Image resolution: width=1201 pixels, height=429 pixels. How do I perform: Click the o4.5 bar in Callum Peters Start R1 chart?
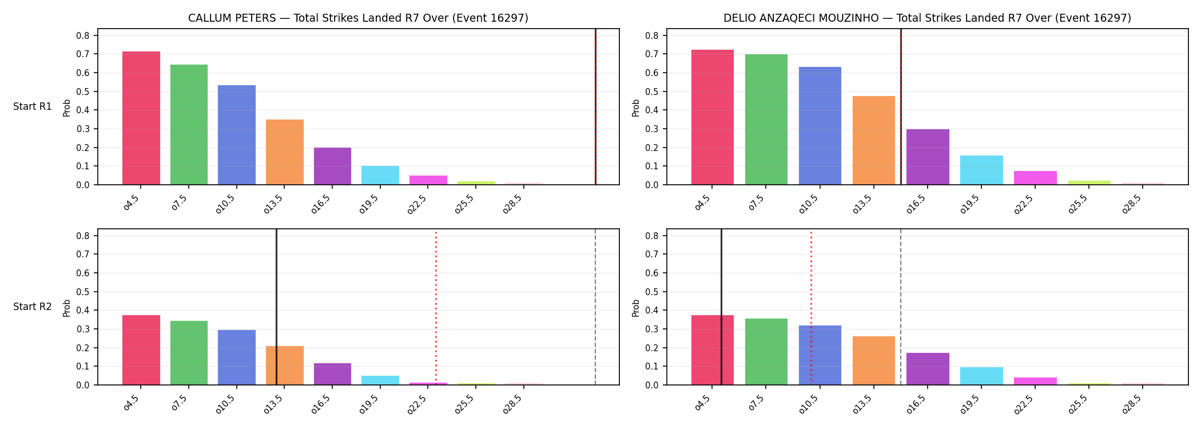click(141, 118)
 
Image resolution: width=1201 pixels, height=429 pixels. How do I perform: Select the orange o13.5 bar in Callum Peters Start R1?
click(285, 152)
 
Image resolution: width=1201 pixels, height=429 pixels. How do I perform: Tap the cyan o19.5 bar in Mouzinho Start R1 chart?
click(981, 170)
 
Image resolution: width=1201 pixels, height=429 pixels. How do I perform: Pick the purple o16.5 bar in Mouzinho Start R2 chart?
click(928, 369)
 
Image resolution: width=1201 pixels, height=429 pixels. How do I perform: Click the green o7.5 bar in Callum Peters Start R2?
click(189, 353)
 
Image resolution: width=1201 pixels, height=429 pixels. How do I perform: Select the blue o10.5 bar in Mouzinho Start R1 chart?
click(820, 126)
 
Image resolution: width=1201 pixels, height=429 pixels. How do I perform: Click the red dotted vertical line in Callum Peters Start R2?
click(436, 308)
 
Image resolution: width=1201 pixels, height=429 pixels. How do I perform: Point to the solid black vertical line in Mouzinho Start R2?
click(721, 307)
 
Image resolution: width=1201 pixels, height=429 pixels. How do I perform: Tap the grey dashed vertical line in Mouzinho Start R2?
click(901, 307)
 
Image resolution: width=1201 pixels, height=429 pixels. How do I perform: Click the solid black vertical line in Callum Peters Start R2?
click(276, 307)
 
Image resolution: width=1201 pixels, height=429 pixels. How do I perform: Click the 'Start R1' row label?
click(33, 106)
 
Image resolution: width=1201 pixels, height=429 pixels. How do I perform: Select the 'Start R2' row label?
click(33, 307)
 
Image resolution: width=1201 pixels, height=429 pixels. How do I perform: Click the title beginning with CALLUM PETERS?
click(358, 18)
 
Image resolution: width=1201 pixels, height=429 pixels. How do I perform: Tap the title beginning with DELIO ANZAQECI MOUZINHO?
click(927, 18)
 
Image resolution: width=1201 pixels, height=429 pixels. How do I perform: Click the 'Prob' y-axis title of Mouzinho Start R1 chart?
click(636, 108)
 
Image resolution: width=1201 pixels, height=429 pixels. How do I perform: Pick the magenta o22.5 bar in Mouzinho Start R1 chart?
click(1035, 178)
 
